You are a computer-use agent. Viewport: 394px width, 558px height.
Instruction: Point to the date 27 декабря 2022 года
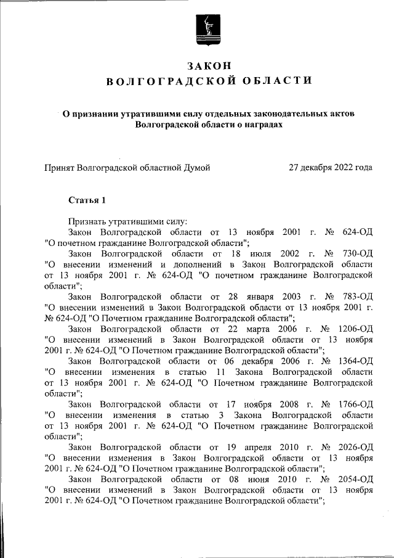[331, 167]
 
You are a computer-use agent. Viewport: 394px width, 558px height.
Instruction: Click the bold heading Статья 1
[87, 201]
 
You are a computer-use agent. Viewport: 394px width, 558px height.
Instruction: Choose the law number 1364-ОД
[353, 361]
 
